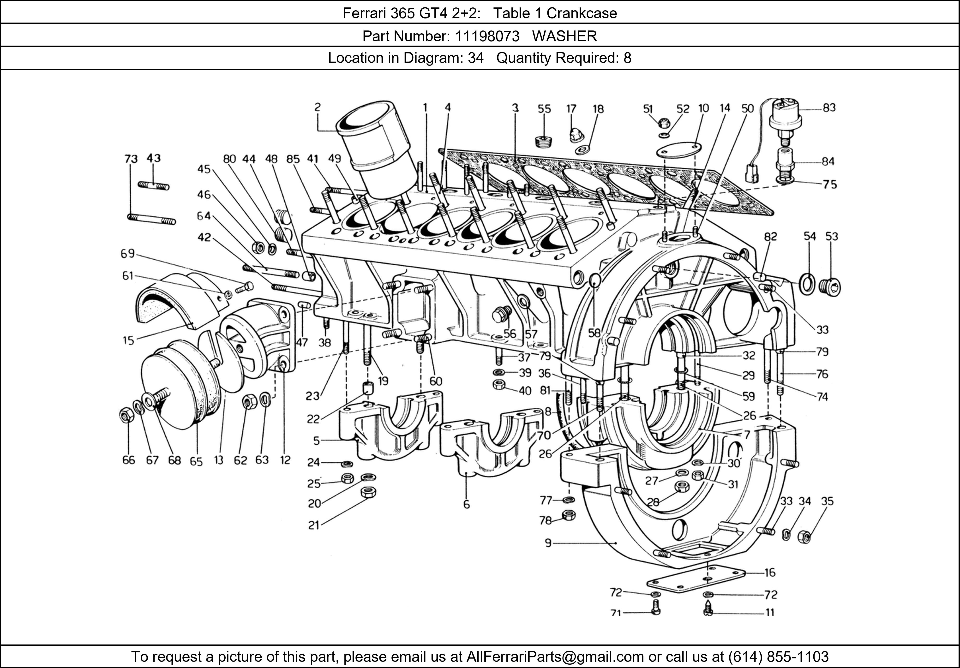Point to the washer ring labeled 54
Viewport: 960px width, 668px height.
807,285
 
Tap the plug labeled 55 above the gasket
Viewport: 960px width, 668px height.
544,141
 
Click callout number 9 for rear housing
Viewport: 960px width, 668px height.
548,543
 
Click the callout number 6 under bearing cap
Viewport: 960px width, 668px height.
466,505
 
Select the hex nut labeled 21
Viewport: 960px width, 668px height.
368,492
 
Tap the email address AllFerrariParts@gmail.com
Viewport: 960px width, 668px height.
555,657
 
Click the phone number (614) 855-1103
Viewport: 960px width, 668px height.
778,657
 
